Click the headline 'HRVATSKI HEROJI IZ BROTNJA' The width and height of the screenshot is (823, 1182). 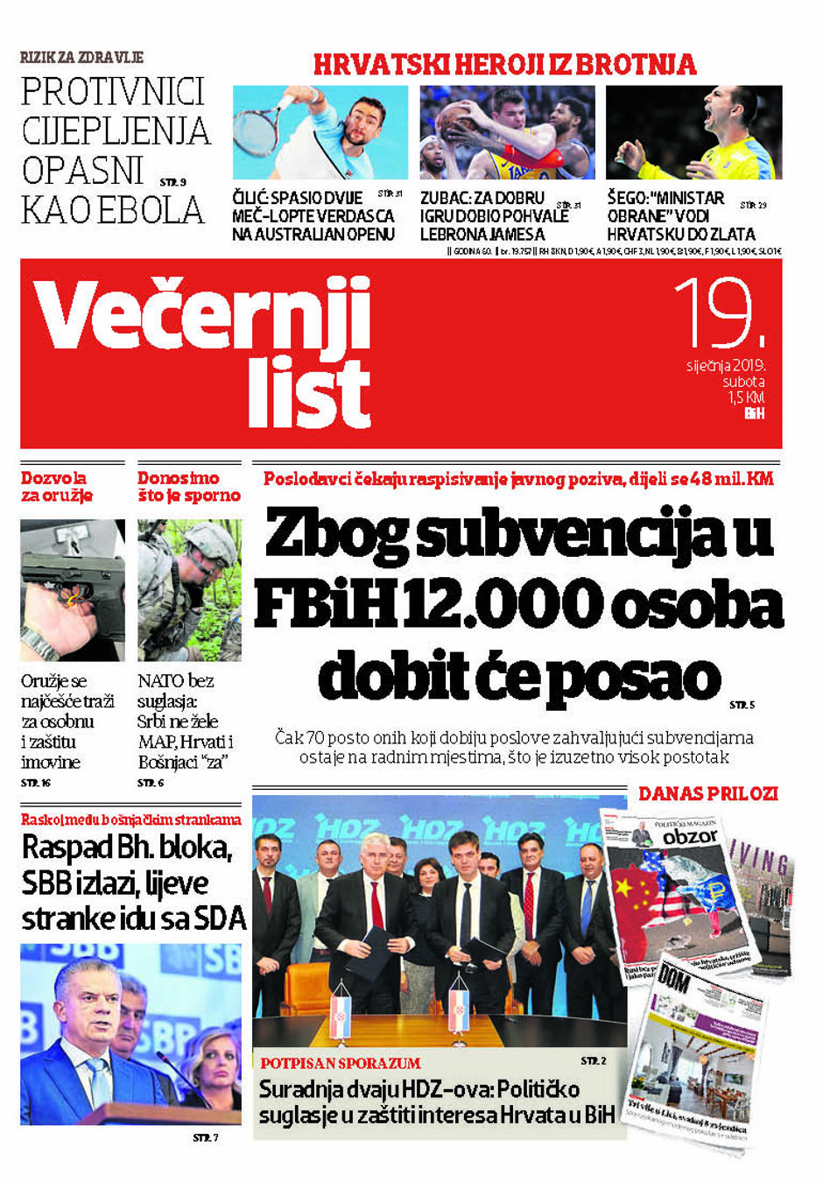coord(505,65)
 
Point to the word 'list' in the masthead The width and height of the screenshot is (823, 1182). coord(309,393)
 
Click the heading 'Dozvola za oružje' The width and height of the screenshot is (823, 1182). coord(57,487)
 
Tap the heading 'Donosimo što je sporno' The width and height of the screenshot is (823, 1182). coord(188,487)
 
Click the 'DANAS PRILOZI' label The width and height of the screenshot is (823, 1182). coord(707,793)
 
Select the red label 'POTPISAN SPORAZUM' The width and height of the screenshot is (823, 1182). coord(340,1063)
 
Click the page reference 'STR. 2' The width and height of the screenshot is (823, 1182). coord(593,1061)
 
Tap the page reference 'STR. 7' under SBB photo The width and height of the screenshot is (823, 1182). coord(205,1137)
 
